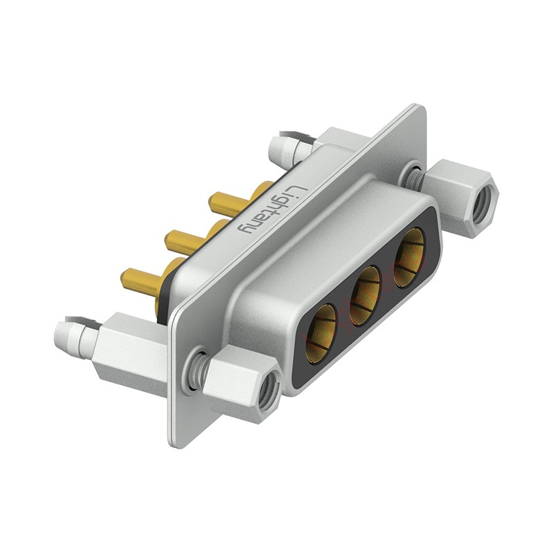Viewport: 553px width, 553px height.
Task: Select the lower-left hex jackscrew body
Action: (x=238, y=380)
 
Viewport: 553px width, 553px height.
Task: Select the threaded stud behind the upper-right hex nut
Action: (x=415, y=176)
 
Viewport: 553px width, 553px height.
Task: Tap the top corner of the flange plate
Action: (x=418, y=109)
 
